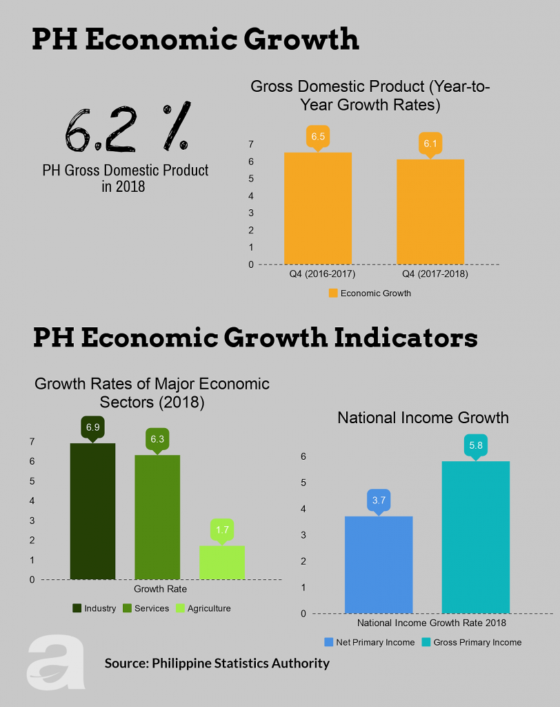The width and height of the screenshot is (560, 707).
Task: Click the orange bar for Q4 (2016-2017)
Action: pos(318,208)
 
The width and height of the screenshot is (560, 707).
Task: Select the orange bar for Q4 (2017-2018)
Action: pos(430,211)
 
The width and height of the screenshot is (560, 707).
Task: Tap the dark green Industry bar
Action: pos(92,511)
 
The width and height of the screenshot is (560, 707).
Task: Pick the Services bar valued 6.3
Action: pos(157,516)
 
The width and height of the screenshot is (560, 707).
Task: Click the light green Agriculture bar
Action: pos(222,562)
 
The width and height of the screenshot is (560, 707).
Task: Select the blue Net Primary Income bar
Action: pos(379,564)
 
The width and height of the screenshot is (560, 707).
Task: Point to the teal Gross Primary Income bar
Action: pos(475,536)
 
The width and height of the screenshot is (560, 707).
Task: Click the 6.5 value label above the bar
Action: pos(318,137)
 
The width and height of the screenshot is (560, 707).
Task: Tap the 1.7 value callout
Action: pos(222,530)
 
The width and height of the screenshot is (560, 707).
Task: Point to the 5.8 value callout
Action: pos(475,446)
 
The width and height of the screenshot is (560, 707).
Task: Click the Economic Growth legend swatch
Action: pos(333,293)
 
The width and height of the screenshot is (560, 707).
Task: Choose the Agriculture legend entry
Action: pos(203,608)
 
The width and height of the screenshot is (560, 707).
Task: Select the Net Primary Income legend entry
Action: pos(370,642)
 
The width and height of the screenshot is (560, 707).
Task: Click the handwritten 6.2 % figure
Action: pos(125,128)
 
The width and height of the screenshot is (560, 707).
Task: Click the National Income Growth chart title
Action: pos(423,418)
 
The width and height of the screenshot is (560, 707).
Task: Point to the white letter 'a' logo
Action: pos(57,662)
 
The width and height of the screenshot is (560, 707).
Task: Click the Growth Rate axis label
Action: pos(160,589)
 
